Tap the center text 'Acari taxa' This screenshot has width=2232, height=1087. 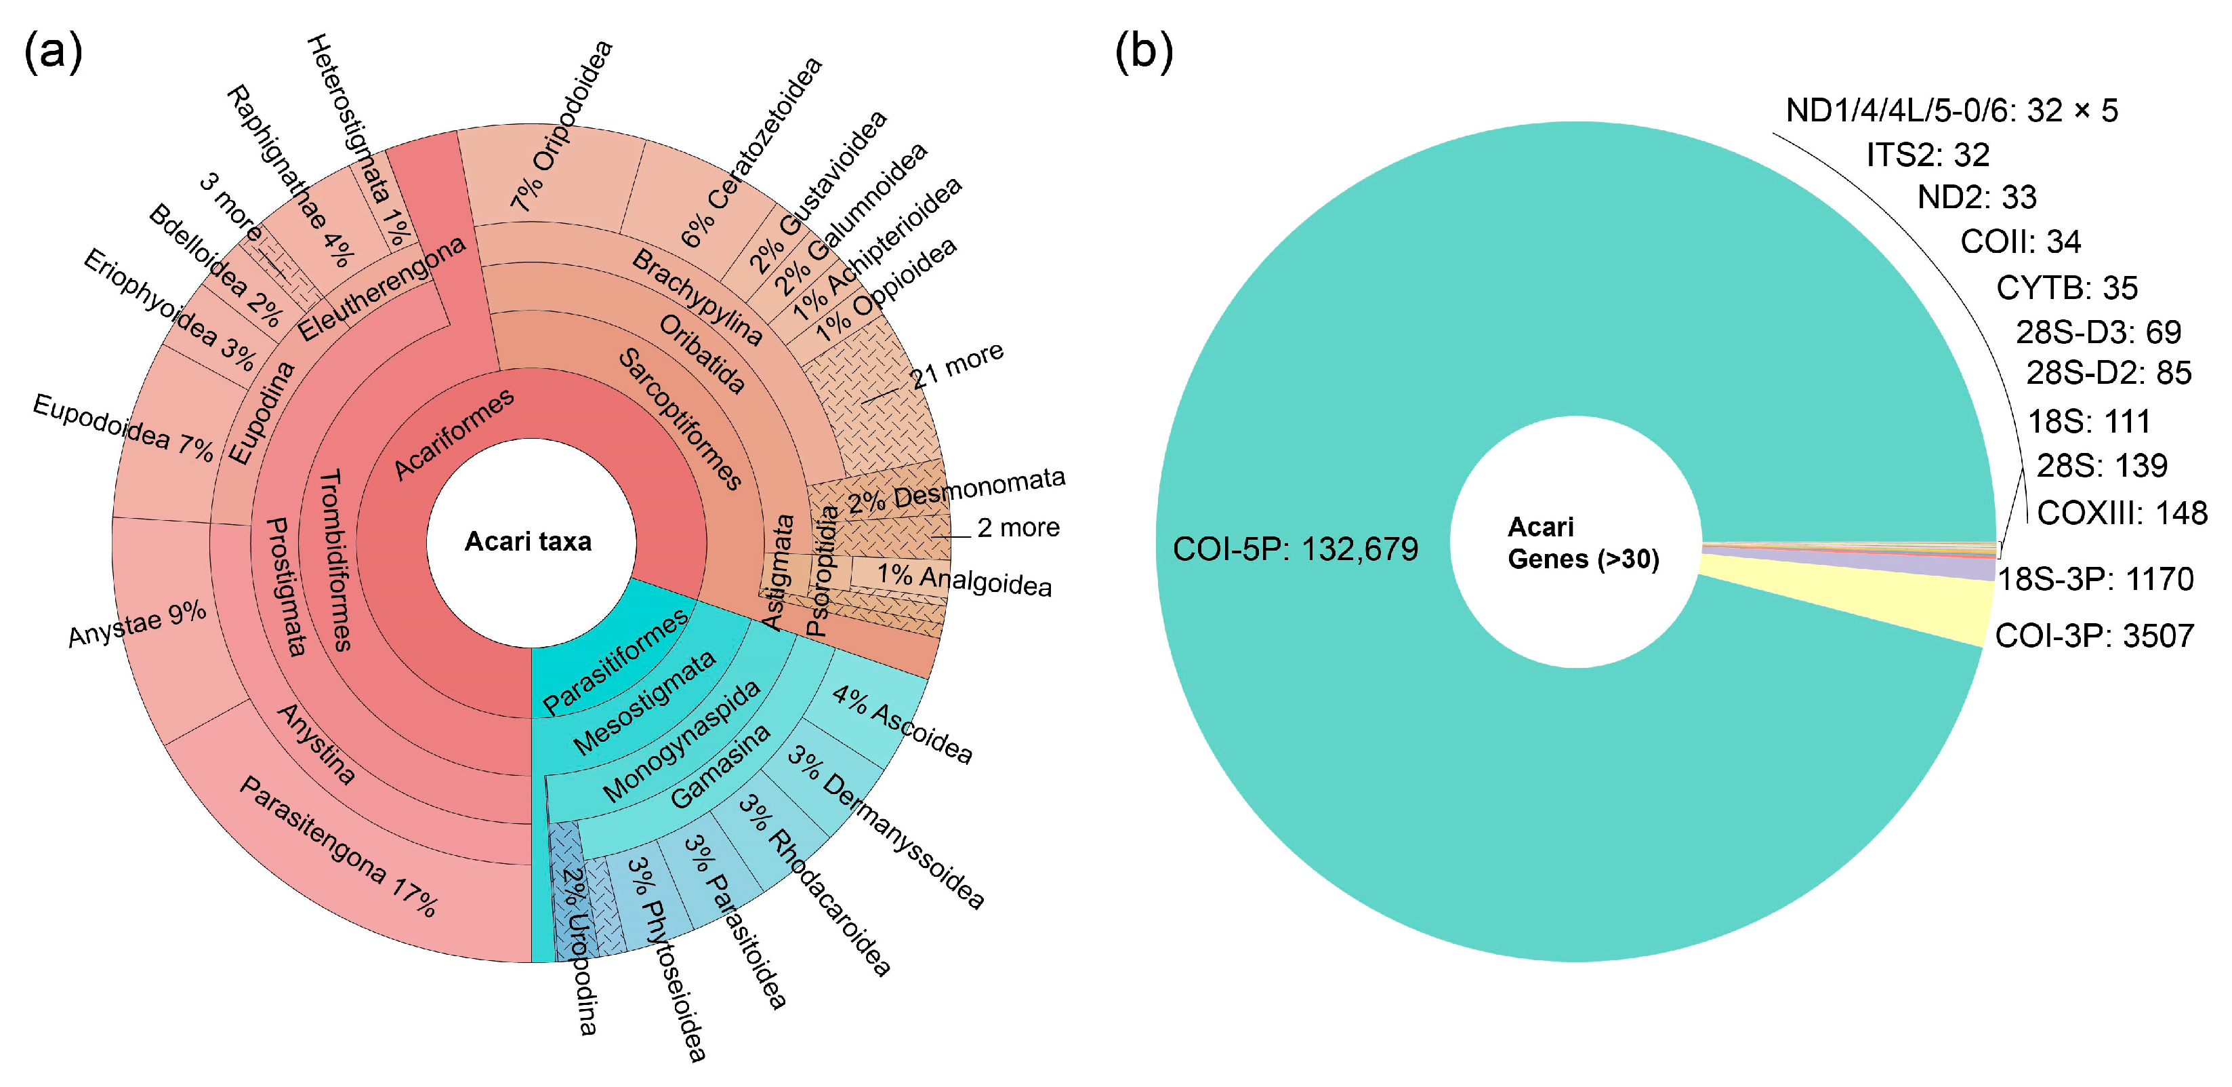click(528, 542)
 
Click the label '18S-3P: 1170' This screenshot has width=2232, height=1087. click(2095, 578)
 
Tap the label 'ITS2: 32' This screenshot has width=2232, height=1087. click(1927, 155)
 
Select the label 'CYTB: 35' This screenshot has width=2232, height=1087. click(2067, 288)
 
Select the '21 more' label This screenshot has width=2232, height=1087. click(957, 365)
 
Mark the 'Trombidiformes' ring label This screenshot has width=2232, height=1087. click(335, 560)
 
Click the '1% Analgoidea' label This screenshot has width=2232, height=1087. click(964, 579)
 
